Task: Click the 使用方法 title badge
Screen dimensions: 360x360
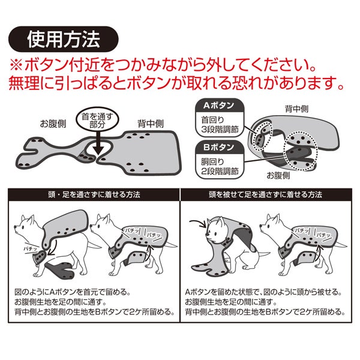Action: (x=64, y=39)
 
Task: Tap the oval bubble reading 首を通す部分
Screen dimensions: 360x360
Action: (x=97, y=120)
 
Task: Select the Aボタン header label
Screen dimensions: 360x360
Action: (x=219, y=106)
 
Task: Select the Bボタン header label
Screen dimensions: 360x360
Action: (x=219, y=147)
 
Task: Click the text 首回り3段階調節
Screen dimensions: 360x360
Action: (x=220, y=124)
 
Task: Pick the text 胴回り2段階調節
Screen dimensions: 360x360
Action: (x=220, y=166)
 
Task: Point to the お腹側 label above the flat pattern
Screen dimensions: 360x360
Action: (x=53, y=124)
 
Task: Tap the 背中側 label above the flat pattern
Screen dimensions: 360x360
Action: (x=151, y=124)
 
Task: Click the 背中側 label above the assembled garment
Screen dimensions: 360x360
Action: (x=296, y=109)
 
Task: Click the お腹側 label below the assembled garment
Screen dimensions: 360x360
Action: (x=278, y=176)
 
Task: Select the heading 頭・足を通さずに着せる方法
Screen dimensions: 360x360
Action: (x=94, y=194)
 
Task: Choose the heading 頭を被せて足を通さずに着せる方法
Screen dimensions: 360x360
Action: (x=266, y=194)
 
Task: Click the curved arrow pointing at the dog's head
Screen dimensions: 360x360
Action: (x=198, y=223)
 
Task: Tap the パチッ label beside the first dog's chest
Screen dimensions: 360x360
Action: (x=31, y=248)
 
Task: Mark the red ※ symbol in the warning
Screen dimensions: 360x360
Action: (x=16, y=65)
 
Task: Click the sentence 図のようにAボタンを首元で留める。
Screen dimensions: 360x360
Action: (x=73, y=292)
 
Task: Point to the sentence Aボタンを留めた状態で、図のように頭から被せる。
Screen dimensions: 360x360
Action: (x=263, y=292)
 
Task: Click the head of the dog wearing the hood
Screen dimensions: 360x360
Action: (x=215, y=230)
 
